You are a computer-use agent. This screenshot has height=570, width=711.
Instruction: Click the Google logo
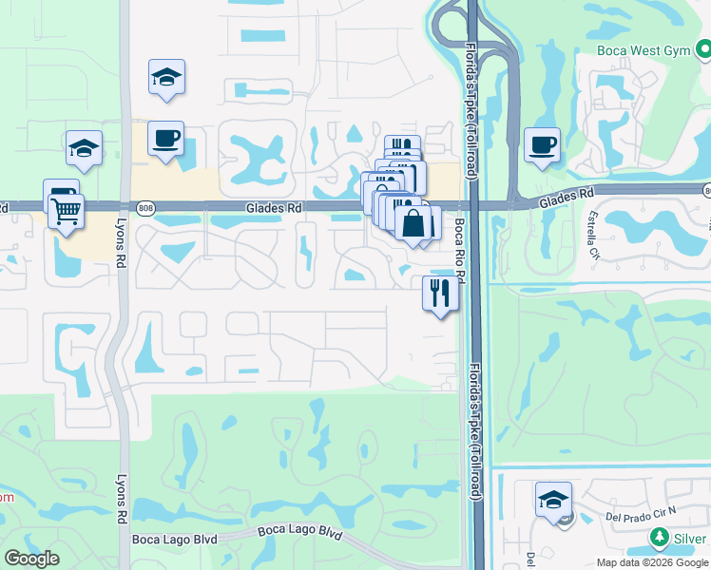coord(31,559)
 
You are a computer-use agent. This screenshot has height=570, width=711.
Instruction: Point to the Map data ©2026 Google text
coord(653,562)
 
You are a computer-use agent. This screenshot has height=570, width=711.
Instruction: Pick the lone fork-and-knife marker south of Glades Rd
coord(440,293)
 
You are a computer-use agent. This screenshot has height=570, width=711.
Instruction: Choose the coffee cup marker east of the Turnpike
coord(542,145)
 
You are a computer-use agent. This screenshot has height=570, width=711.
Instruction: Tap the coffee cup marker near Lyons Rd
coord(166,140)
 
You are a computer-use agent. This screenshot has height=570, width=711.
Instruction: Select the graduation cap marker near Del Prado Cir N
coord(553,500)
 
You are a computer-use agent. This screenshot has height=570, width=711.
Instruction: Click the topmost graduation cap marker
coord(166,78)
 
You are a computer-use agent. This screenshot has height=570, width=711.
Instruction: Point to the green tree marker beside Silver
coord(661,538)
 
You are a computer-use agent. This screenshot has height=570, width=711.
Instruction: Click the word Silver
coord(692,538)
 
